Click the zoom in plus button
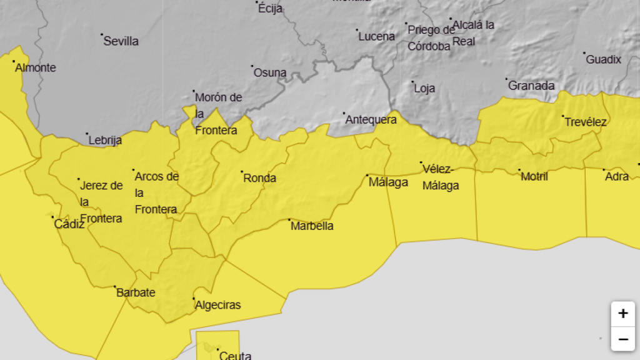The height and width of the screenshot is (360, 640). (622, 314)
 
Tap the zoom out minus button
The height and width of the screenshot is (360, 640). (622, 339)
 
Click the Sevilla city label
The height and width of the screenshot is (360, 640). (121, 41)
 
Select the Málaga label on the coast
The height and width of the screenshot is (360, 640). (388, 182)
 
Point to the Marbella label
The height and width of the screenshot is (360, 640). (312, 226)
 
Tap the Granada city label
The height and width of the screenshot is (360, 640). (531, 86)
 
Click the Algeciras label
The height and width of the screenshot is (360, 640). (217, 305)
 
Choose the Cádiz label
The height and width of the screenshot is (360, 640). (69, 224)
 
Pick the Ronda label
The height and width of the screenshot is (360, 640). (259, 178)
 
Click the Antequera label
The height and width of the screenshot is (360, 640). (371, 119)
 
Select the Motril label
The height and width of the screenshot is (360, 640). (534, 176)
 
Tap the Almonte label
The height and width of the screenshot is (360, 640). (36, 67)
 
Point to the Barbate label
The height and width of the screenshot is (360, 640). (136, 292)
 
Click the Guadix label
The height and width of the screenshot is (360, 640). (604, 59)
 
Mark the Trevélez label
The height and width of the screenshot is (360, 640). (586, 122)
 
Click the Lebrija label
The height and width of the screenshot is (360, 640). (105, 140)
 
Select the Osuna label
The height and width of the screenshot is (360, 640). (270, 72)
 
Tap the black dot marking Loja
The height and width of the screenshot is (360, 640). (412, 81)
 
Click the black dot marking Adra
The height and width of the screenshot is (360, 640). (604, 169)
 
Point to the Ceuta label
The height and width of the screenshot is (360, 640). (235, 356)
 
